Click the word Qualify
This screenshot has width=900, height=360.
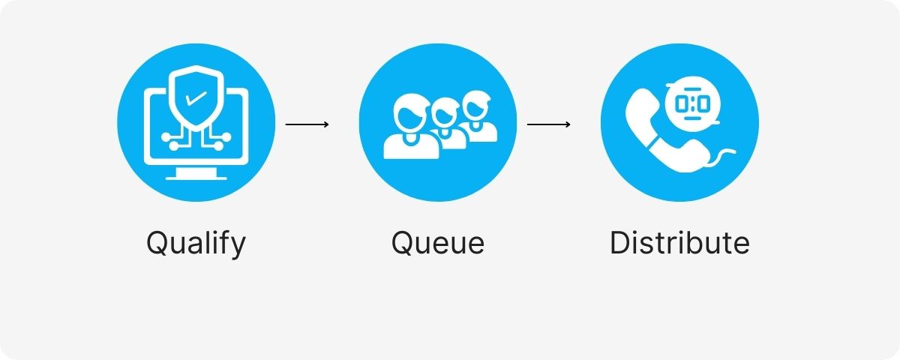click(196, 244)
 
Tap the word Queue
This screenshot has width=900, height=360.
click(437, 244)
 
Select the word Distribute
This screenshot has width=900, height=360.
click(679, 244)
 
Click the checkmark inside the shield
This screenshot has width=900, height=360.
click(195, 97)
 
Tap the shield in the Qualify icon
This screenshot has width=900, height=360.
click(196, 97)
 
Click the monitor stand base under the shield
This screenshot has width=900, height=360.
click(196, 175)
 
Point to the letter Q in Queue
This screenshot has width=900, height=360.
click(403, 243)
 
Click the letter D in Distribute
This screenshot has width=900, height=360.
click(619, 243)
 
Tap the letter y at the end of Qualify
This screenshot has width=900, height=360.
click(237, 247)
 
